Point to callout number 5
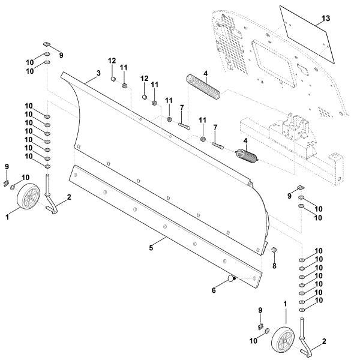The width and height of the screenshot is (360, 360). (152, 247)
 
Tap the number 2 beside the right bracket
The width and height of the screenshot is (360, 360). (324, 341)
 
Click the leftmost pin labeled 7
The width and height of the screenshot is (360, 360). (184, 126)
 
